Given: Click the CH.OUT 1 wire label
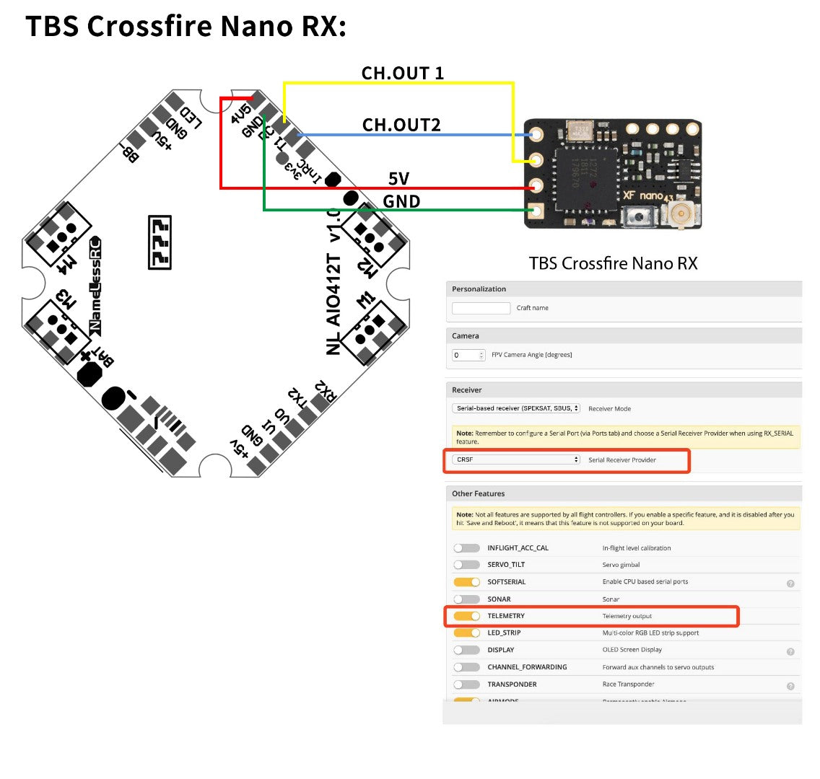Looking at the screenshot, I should pos(402,73).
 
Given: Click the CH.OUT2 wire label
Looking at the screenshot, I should pos(401,125).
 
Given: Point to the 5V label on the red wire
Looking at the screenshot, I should pos(398,178).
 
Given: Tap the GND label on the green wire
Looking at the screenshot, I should pos(401,201).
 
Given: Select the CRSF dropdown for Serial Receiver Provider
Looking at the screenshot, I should pos(517,459).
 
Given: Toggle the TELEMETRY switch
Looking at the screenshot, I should pos(466,616).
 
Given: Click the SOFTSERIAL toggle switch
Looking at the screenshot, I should pos(466,582).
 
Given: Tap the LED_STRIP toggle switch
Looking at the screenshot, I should pos(466,633).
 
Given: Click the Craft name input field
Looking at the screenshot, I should pos(481,308).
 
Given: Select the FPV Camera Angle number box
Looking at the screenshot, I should pos(468,355).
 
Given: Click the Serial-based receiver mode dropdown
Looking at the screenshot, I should pos(517,408).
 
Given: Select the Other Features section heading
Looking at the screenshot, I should pos(478,494).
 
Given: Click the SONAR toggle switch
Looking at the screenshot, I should pos(466,599).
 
